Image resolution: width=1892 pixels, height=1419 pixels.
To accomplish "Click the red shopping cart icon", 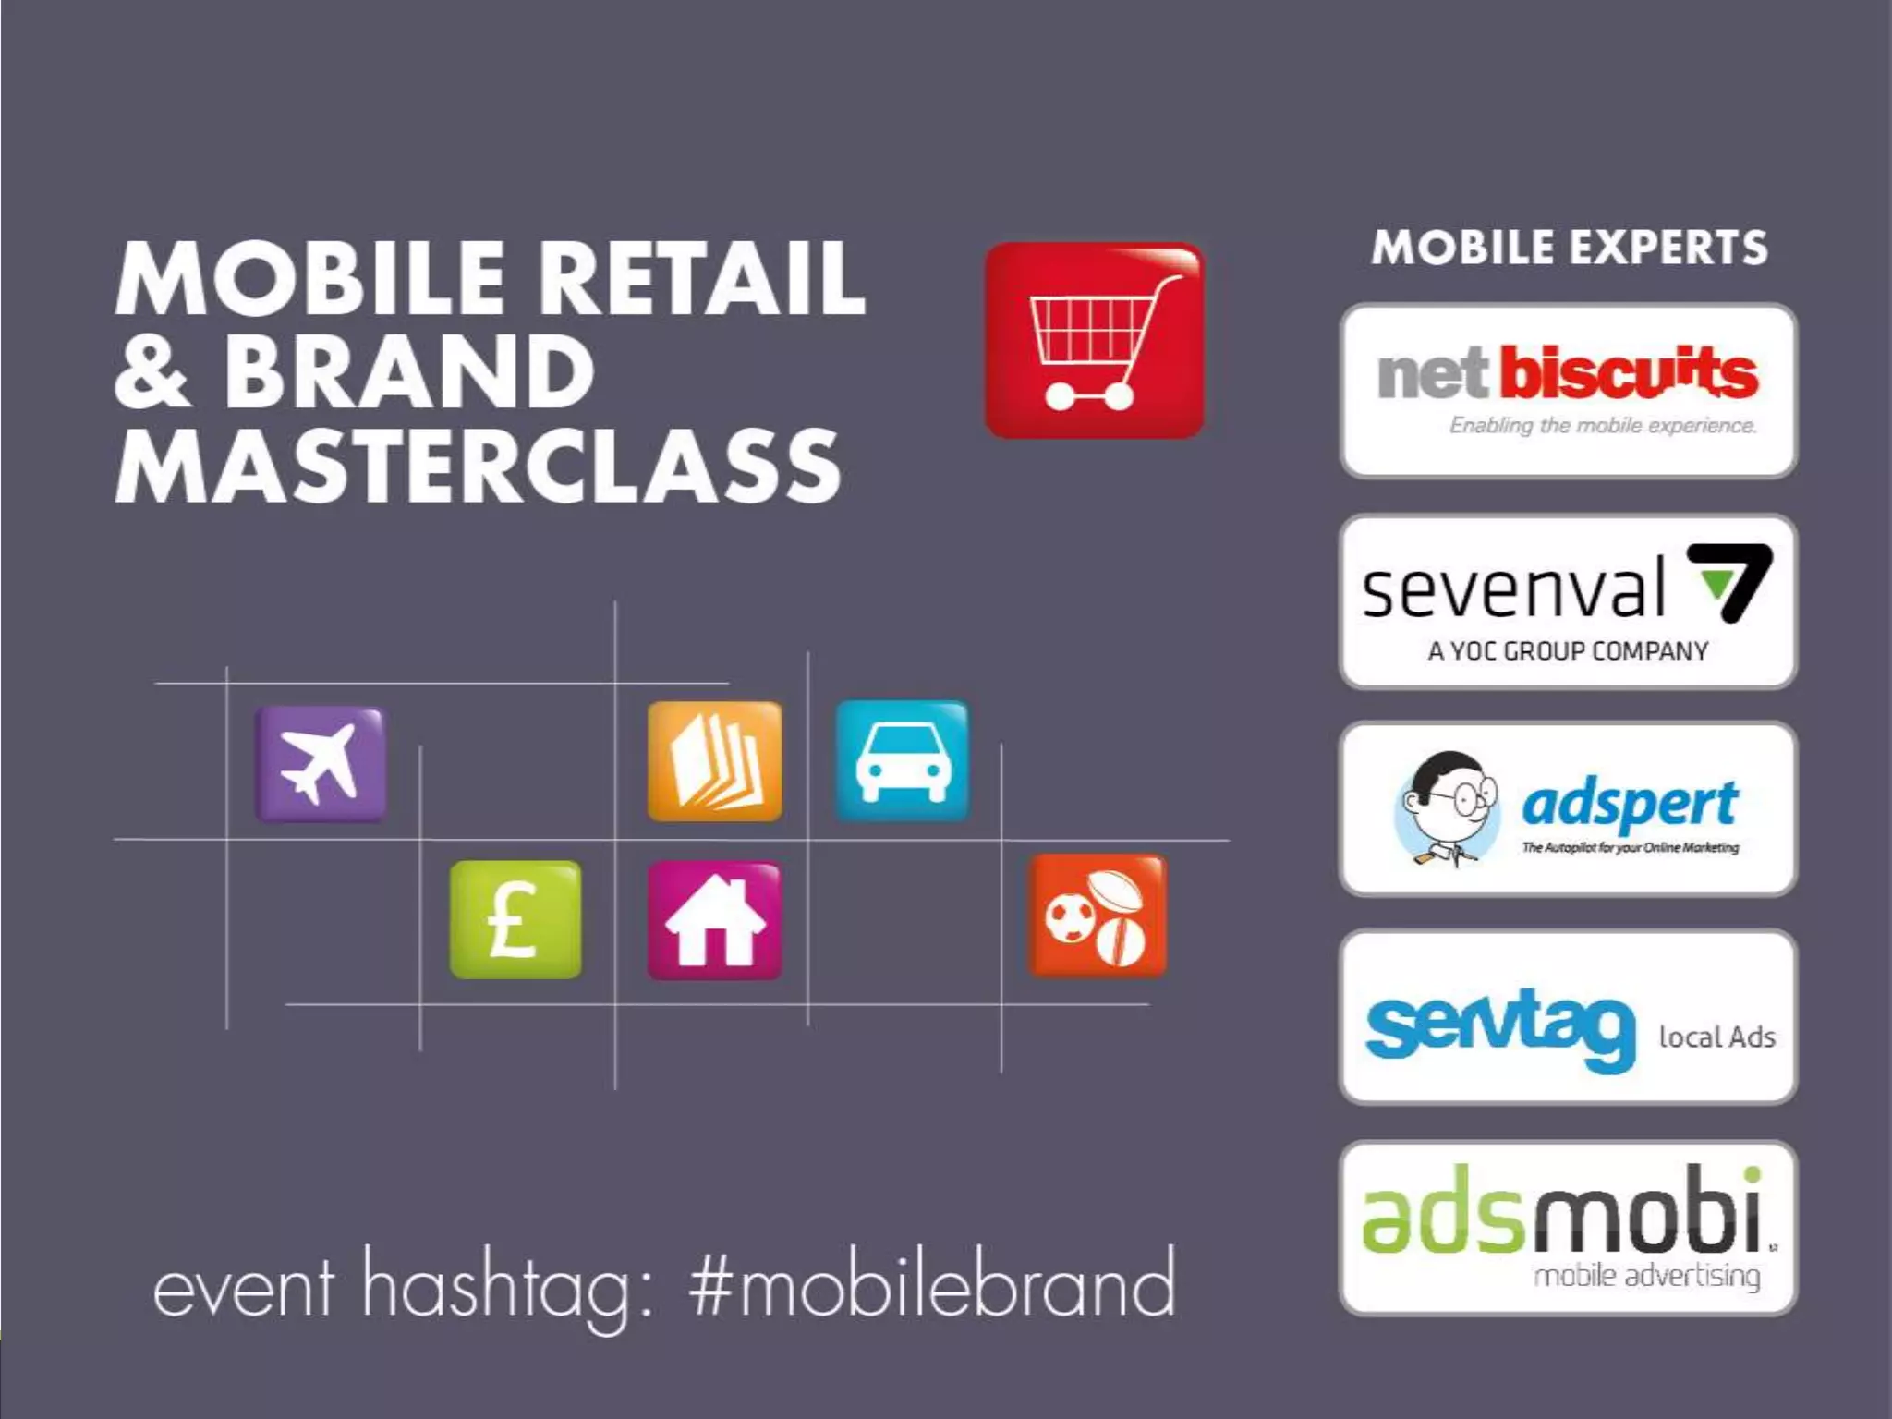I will click(1095, 340).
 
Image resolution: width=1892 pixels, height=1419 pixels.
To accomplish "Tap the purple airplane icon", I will click(321, 764).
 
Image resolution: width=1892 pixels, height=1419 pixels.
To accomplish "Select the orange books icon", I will click(714, 761).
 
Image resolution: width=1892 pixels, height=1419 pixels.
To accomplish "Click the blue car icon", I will click(903, 760).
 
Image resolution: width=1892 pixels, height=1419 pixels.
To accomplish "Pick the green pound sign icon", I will click(515, 919).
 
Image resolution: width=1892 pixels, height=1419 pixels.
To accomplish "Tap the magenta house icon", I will click(714, 920).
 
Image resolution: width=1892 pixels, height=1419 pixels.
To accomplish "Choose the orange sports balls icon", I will click(1098, 916).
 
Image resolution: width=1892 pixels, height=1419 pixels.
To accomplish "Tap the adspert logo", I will click(1568, 809).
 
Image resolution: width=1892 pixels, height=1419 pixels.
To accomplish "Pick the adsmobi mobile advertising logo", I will click(1568, 1228).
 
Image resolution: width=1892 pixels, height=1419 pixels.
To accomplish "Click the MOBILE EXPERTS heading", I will click(1569, 248).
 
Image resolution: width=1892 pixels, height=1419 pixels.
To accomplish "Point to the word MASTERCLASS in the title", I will click(478, 466).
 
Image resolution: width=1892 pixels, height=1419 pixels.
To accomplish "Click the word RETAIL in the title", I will click(702, 278).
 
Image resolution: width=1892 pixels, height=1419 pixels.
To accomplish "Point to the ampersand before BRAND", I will click(152, 371).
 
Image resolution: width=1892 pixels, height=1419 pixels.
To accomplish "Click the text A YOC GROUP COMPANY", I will click(1568, 651).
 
